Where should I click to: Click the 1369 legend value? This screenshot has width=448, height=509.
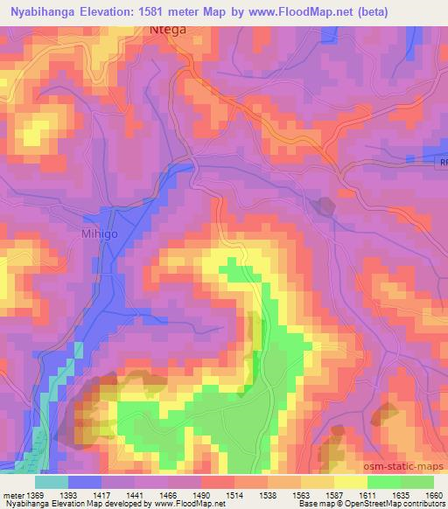pyautogui.click(x=35, y=496)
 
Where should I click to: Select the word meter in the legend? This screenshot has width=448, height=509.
pyautogui.click(x=11, y=496)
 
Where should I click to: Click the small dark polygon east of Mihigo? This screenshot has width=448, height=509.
pyautogui.click(x=324, y=206)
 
